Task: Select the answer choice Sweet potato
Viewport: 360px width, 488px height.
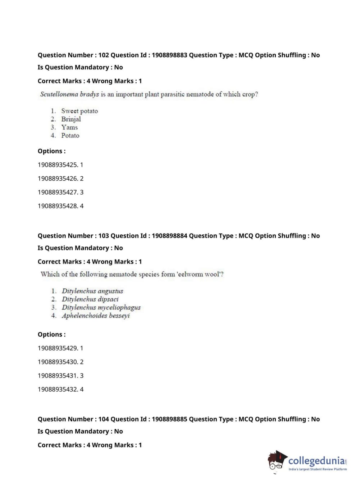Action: [x=79, y=111]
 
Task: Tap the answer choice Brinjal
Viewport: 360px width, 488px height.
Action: [x=71, y=119]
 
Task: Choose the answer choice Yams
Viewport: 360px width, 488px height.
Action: [x=69, y=127]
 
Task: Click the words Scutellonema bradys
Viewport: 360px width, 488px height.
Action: [x=69, y=94]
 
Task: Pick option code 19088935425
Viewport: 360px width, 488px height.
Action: [x=58, y=165]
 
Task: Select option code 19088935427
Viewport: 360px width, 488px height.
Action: [x=58, y=192]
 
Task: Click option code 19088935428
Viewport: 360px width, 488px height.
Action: [x=58, y=206]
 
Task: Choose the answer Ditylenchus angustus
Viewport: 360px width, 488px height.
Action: [x=92, y=291]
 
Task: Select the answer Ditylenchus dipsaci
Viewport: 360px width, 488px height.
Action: [x=90, y=299]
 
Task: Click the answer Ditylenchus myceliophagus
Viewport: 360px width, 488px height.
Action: [x=101, y=307]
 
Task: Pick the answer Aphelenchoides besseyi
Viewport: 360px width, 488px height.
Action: [x=96, y=316]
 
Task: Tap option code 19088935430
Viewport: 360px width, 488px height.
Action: [x=58, y=362]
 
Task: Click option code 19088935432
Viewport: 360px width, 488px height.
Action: [x=58, y=389]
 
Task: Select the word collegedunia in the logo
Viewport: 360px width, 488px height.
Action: [x=316, y=461]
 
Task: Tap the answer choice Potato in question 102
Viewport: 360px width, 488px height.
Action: [x=70, y=136]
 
